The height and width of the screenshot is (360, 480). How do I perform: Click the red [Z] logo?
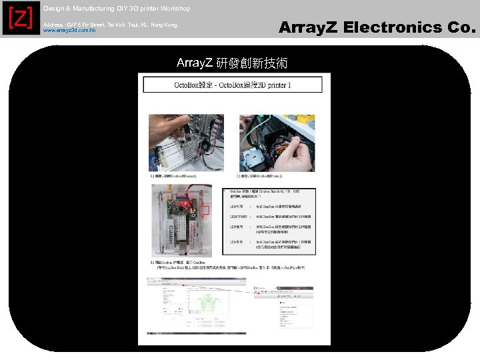[19, 19]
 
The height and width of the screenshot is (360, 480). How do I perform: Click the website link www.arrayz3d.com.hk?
[69, 31]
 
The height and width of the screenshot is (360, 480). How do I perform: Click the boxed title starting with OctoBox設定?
[233, 85]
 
